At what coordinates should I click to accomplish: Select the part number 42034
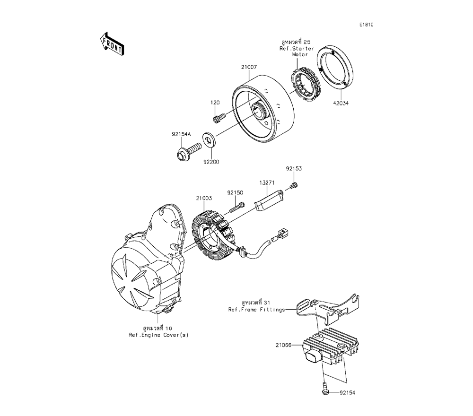341,105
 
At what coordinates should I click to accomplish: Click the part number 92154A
181,134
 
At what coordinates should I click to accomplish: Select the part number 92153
294,168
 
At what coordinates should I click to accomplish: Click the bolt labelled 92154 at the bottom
324,392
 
